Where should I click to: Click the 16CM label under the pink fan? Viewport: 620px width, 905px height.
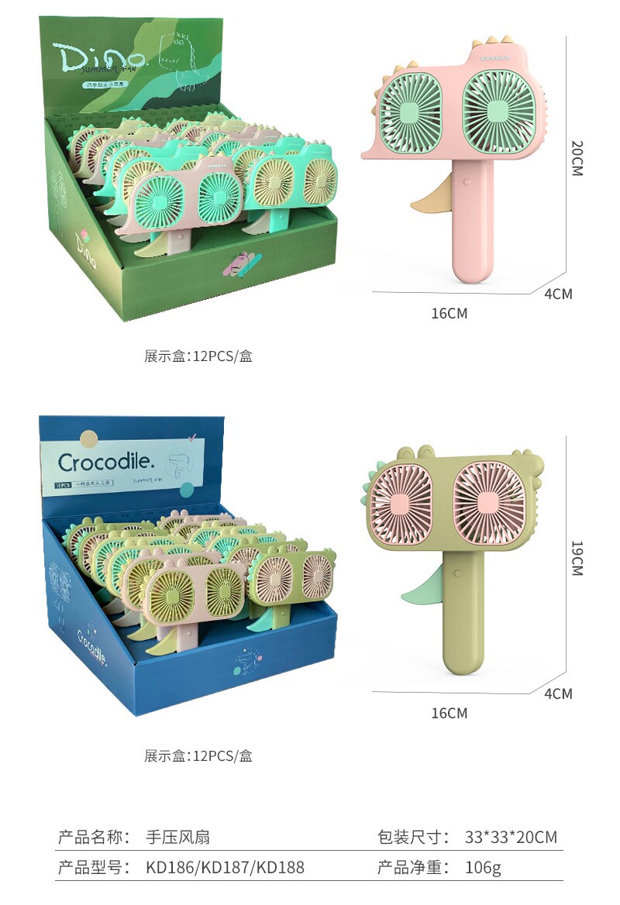(x=449, y=314)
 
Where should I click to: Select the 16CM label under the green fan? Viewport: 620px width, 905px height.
(x=449, y=713)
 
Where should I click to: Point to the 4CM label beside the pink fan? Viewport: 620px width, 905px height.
(x=558, y=294)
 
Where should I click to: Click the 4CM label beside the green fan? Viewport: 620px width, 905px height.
(x=558, y=693)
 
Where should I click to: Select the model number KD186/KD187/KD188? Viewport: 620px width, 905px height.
(x=225, y=868)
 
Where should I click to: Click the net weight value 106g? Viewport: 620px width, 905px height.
(x=484, y=868)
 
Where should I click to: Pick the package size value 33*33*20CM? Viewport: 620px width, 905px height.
(x=511, y=838)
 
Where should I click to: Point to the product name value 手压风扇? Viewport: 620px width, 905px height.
(x=178, y=838)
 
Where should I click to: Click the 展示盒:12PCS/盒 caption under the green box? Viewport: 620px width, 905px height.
(x=198, y=357)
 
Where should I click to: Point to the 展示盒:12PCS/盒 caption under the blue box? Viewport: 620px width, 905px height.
(x=198, y=756)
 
